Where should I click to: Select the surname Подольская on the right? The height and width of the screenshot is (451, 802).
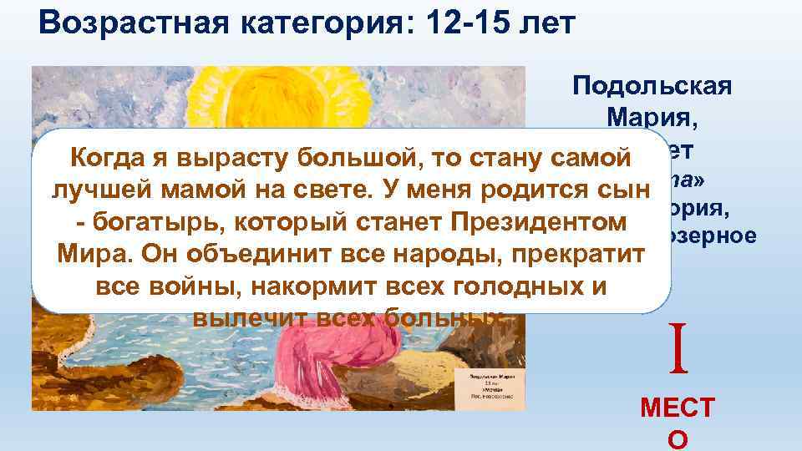(x=652, y=86)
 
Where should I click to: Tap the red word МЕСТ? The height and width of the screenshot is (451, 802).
(x=677, y=408)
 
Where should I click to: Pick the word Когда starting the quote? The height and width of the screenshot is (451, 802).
(x=105, y=156)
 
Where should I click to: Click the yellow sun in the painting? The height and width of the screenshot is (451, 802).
(x=259, y=96)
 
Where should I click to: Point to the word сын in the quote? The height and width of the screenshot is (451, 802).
(x=626, y=190)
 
